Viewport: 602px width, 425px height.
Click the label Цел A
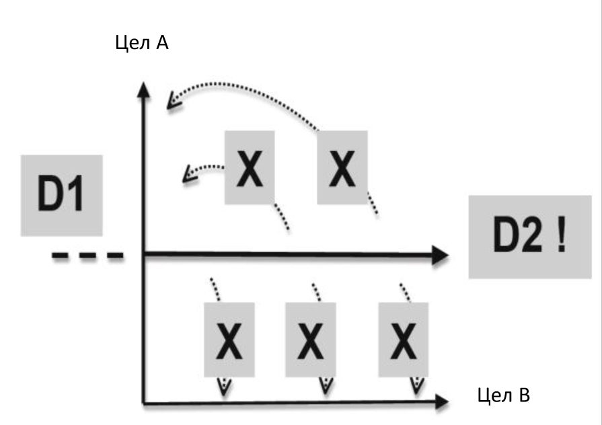pos(143,45)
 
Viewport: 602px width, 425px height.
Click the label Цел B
pos(503,395)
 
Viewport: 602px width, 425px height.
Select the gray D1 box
pos(62,195)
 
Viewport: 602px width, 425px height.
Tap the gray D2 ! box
pos(535,237)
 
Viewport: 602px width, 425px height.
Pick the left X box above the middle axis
pos(250,167)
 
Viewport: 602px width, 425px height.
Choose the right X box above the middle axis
pos(342,167)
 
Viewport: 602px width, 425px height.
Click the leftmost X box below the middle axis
pos(229,339)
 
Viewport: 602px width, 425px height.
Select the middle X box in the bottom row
pos(310,339)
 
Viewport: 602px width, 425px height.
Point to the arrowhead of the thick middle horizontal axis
pos(440,254)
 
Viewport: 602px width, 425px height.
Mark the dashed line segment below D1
pos(88,255)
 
